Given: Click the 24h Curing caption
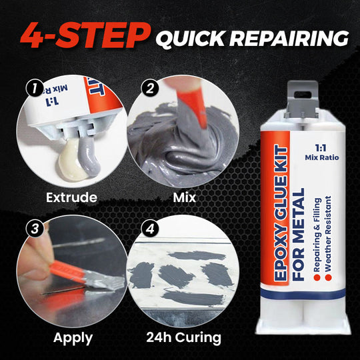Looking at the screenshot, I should (185, 337).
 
